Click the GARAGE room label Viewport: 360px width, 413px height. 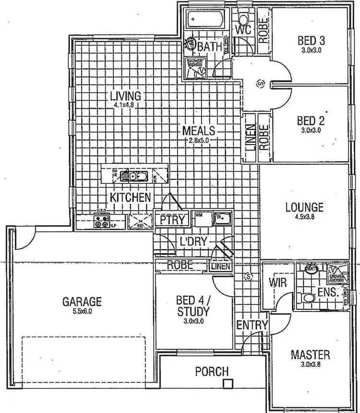tap(82, 302)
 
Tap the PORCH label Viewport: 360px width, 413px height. tap(212, 371)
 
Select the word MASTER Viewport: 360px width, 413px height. tap(311, 355)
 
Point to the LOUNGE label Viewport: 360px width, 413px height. tap(304, 207)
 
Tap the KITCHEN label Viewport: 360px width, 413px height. tap(131, 197)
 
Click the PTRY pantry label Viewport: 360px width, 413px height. tap(172, 220)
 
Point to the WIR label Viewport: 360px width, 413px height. tap(276, 282)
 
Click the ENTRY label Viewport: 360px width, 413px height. tap(252, 325)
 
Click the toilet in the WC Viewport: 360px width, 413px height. tap(243, 20)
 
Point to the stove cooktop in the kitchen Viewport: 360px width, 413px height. tap(102, 221)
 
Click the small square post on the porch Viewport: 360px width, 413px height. tap(228, 383)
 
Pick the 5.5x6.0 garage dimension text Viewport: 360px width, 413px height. tap(82, 311)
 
